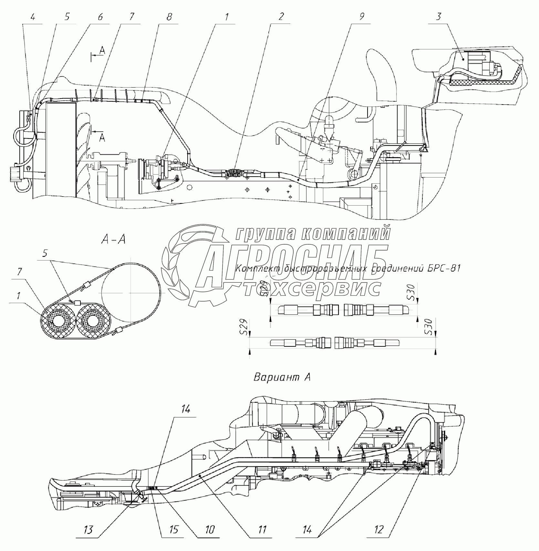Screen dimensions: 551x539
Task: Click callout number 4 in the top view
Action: pos(33,17)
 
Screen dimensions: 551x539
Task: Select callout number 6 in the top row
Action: pos(100,17)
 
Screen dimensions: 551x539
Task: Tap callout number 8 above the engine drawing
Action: pos(169,17)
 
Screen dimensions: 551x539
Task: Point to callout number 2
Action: pos(280,17)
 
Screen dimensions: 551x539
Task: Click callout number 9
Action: pos(361,17)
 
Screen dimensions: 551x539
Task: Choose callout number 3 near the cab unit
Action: pos(438,17)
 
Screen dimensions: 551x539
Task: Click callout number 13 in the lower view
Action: pos(88,530)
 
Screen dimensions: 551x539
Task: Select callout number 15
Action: pos(173,530)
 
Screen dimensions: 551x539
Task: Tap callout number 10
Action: pos(210,530)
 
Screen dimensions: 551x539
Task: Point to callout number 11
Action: pos(262,530)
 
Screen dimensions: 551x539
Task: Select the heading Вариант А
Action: pos(282,377)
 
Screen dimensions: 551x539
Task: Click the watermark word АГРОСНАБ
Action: pos(292,263)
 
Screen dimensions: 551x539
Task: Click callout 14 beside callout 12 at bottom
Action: pos(307,530)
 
